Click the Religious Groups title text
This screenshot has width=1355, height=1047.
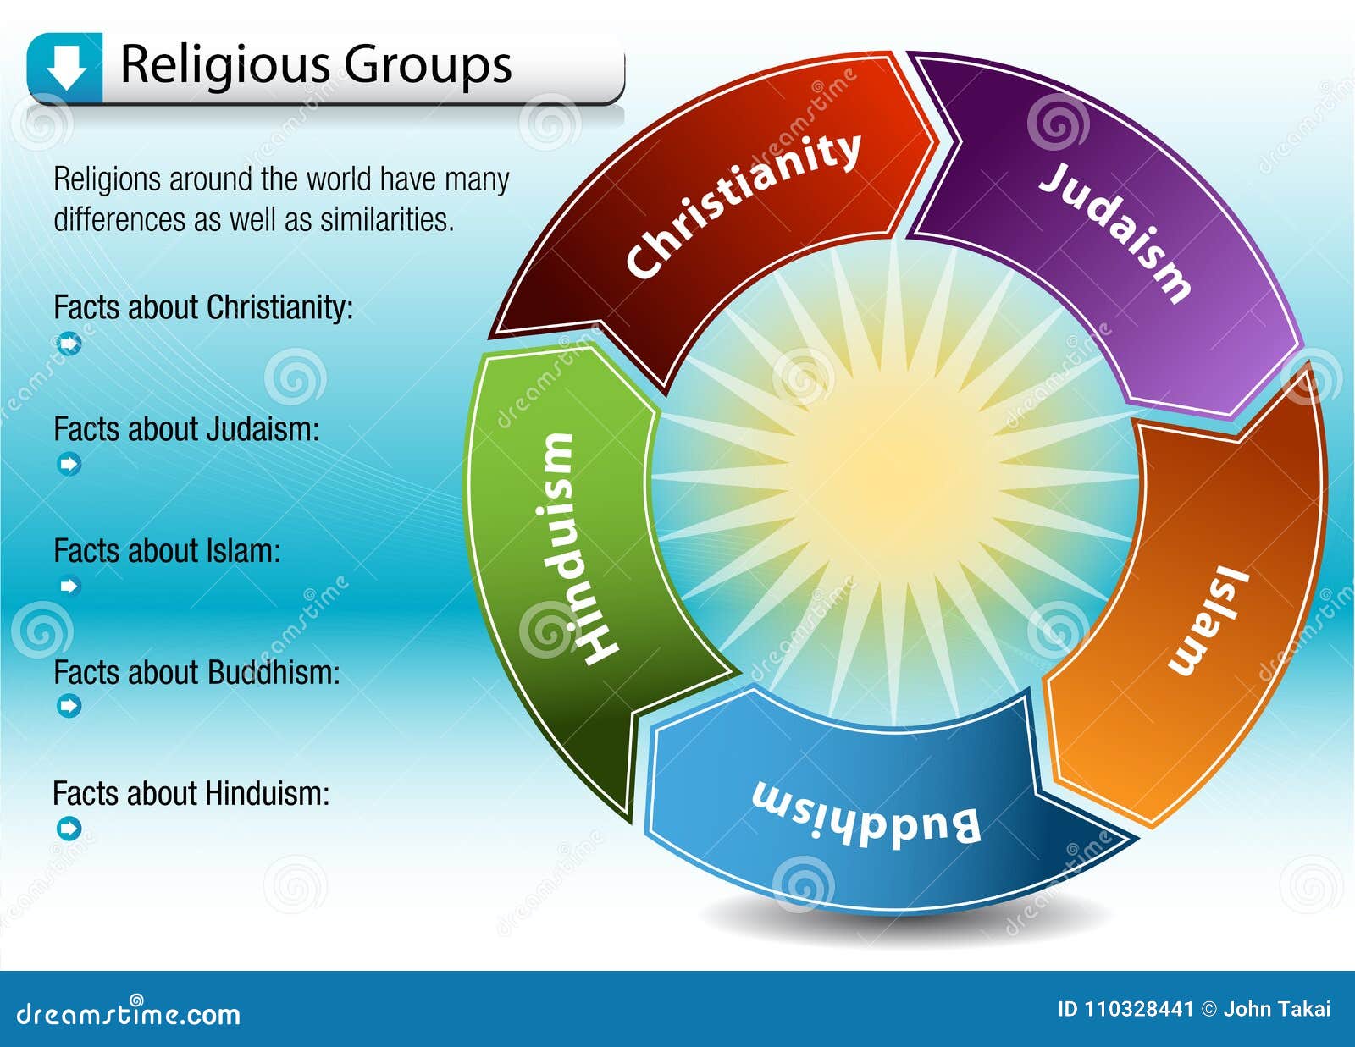(316, 64)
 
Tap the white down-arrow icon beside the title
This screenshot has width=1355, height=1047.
(65, 67)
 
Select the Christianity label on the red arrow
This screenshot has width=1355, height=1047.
(743, 206)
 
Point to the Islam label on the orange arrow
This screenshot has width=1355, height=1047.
(1209, 622)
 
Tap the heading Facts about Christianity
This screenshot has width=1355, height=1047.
(203, 307)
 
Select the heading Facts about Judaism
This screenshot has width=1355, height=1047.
(186, 429)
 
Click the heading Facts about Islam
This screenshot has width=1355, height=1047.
(167, 551)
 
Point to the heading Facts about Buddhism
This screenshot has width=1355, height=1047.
(196, 673)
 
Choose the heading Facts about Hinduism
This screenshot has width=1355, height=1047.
(191, 794)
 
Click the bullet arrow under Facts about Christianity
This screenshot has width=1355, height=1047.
(69, 344)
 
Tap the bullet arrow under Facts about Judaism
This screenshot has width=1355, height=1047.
(69, 464)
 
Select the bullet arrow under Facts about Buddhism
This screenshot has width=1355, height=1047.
(69, 705)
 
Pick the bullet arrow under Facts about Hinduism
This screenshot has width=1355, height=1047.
(69, 828)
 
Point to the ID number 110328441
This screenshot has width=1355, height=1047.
(1137, 1009)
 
